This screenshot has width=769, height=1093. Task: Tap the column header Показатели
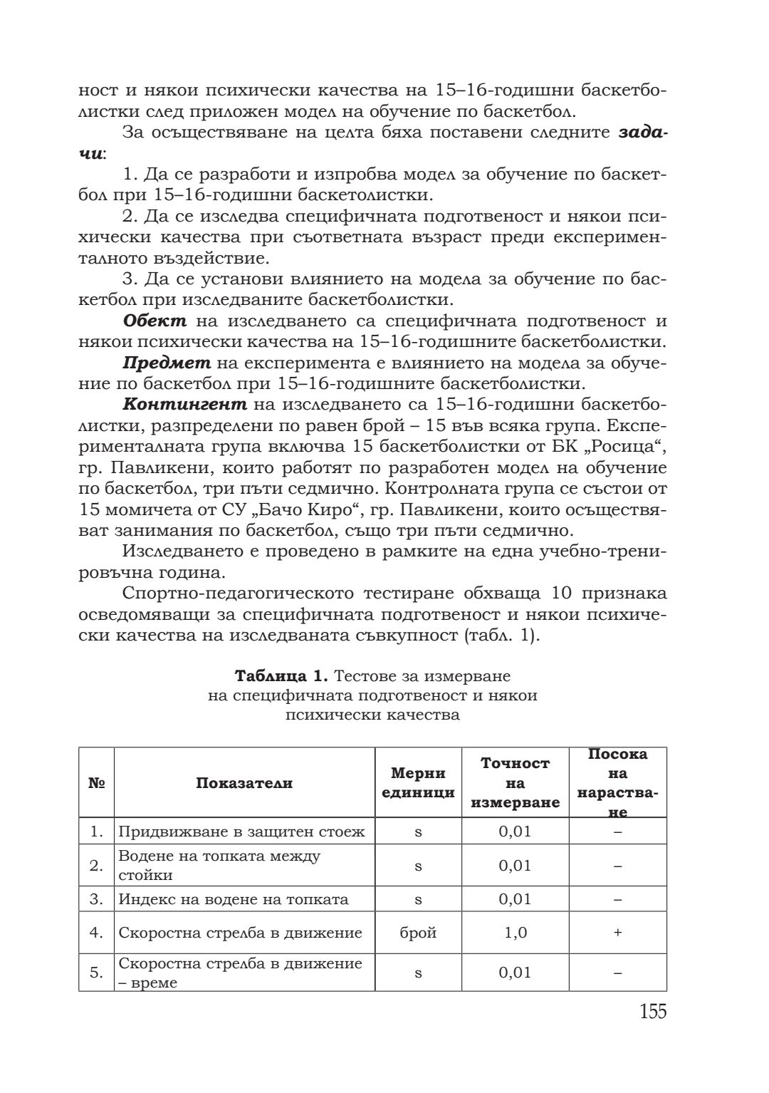244,782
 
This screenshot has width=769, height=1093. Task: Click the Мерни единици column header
418,782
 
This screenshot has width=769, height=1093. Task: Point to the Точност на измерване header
515,782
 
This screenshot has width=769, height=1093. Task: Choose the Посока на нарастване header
617,782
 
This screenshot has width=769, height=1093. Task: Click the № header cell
96,782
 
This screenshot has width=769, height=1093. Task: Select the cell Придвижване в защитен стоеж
241,832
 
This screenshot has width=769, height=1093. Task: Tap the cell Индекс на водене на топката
234,899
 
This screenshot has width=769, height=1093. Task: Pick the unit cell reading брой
418,933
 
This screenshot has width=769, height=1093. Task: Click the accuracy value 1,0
515,933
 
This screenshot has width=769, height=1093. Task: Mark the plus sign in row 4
617,933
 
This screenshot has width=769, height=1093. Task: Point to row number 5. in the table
96,973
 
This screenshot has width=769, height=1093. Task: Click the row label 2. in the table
96,866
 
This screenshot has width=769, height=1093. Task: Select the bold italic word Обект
155,321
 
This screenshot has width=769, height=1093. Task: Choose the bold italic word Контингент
185,405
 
